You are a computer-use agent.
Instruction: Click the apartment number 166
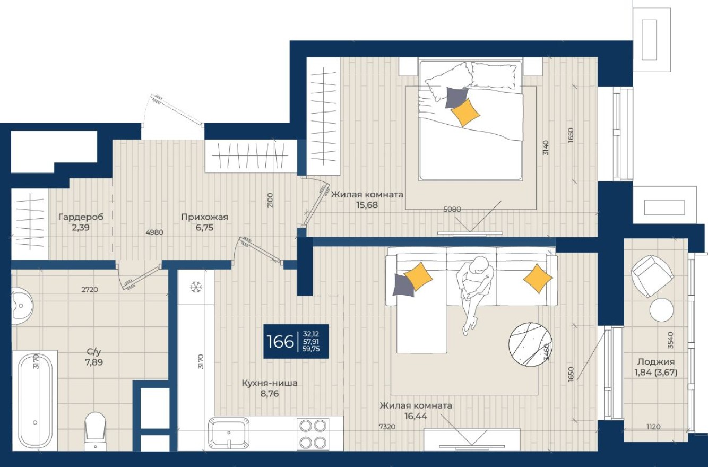pos(281,342)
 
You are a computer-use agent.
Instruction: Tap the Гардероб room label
pos(81,217)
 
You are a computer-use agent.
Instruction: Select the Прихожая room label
pos(204,217)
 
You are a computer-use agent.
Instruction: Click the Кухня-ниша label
pos(269,383)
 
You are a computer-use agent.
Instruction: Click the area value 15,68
pos(367,205)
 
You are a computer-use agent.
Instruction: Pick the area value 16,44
pos(416,416)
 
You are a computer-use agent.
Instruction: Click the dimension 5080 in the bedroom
pos(452,209)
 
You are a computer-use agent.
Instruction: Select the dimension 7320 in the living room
pos(387,426)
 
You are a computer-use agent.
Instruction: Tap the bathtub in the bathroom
pos(35,401)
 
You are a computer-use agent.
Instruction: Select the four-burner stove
pos(313,434)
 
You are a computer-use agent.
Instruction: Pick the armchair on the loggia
pos(651,275)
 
